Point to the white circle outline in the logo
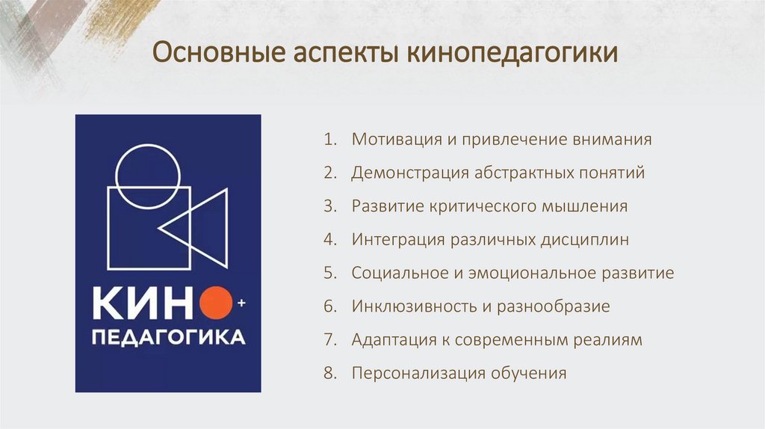(149, 175)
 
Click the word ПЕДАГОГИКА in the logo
(168, 337)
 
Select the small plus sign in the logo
(241, 303)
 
